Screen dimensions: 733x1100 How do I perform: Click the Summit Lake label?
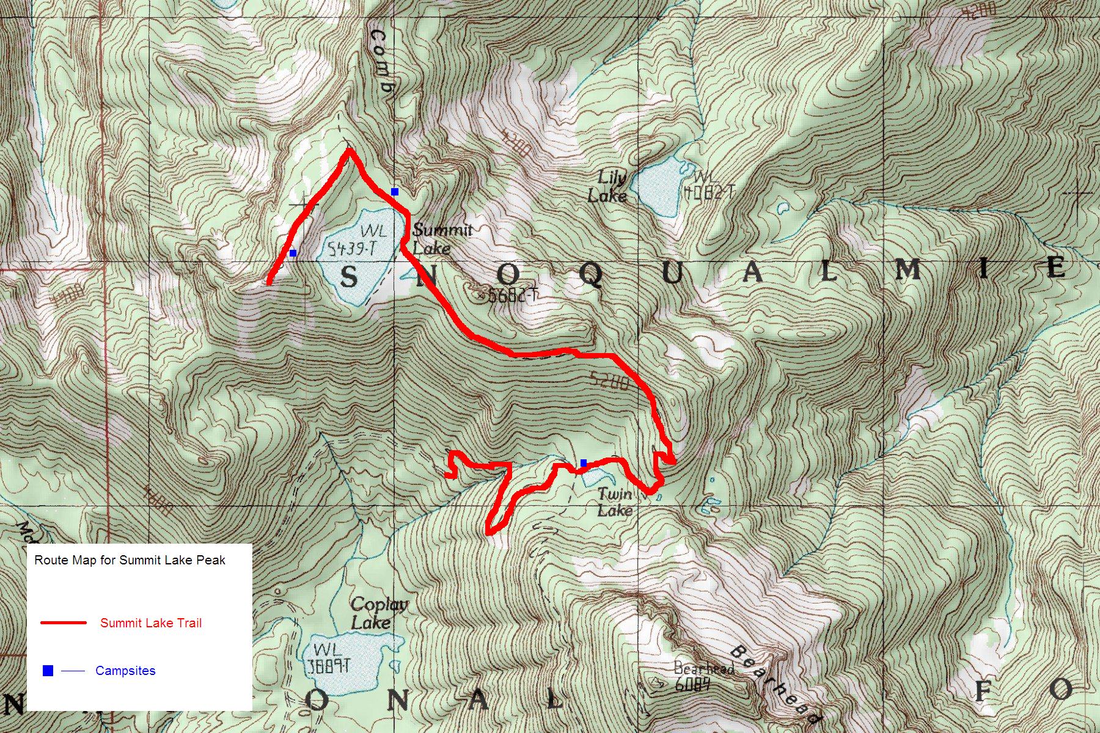click(x=441, y=239)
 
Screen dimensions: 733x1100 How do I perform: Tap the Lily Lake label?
click(x=608, y=186)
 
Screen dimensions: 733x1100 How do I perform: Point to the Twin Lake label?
click(x=614, y=502)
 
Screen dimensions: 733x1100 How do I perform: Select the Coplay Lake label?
click(x=378, y=613)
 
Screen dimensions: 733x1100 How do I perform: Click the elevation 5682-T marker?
click(x=512, y=296)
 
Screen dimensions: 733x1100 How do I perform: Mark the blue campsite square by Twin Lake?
click(x=584, y=463)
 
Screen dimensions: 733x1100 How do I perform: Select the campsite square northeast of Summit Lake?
click(x=395, y=192)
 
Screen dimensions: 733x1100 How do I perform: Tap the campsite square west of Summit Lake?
click(x=293, y=253)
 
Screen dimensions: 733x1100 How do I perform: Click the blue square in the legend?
click(x=48, y=671)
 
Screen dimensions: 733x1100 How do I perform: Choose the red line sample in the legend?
click(x=63, y=623)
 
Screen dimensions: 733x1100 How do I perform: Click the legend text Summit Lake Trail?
click(x=150, y=623)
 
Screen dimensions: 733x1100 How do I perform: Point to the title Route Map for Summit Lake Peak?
click(x=130, y=560)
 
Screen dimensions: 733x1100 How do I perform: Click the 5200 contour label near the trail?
click(x=609, y=382)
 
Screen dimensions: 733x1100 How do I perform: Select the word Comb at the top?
click(x=381, y=61)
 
